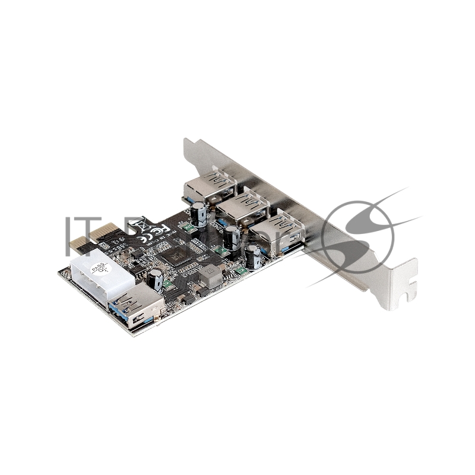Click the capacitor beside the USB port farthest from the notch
click(199, 211)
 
